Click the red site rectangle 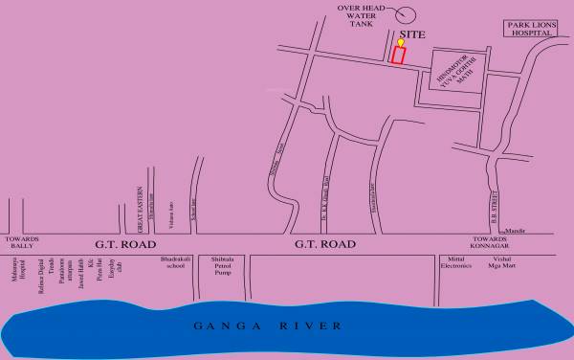point(398,55)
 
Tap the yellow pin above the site point(401,43)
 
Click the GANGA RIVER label point(268,326)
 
